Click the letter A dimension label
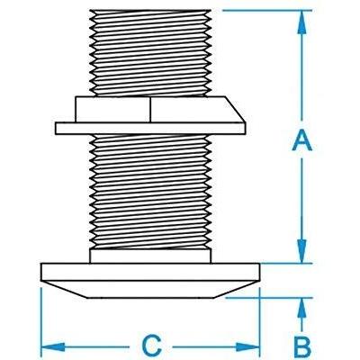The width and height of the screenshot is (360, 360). pyautogui.click(x=302, y=139)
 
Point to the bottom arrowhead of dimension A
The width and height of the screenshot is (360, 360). pyautogui.click(x=302, y=253)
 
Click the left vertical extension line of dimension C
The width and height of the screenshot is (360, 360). pyautogui.click(x=43, y=315)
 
